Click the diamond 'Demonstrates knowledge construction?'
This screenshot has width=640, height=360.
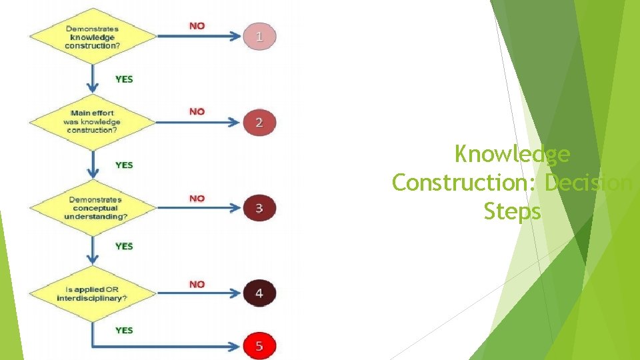pyautogui.click(x=92, y=37)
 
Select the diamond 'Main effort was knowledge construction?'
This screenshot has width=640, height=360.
pyautogui.click(x=92, y=122)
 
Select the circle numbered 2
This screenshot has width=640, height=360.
pyautogui.click(x=259, y=122)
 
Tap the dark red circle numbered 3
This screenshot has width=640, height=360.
pyautogui.click(x=259, y=208)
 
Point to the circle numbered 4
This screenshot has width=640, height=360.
pyautogui.click(x=259, y=293)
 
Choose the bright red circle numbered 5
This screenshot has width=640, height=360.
pyautogui.click(x=259, y=346)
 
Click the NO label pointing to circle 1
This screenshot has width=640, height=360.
pyautogui.click(x=197, y=25)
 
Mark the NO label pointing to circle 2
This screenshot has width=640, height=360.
pyautogui.click(x=197, y=111)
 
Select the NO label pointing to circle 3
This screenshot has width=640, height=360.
pyautogui.click(x=197, y=198)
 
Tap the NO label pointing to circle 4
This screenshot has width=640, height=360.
pyautogui.click(x=197, y=284)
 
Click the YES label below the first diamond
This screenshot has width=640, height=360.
pyautogui.click(x=124, y=79)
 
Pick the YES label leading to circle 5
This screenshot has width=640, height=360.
pyautogui.click(x=124, y=330)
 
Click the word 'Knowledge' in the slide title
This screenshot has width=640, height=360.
pyautogui.click(x=512, y=154)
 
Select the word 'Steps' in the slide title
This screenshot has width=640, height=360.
pyautogui.click(x=512, y=211)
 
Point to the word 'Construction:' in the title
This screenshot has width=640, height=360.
pyautogui.click(x=465, y=182)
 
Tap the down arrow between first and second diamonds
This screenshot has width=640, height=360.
pyautogui.click(x=92, y=80)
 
